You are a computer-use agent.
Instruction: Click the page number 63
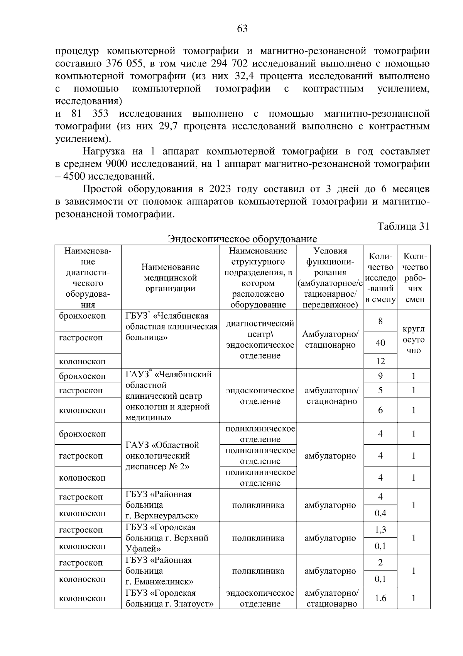pyautogui.click(x=242, y=29)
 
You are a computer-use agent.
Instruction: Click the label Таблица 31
pyautogui.click(x=403, y=226)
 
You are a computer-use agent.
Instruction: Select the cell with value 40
pyautogui.click(x=380, y=343)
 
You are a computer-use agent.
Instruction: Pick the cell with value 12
pyautogui.click(x=380, y=361)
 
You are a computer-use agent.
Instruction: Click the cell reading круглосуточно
pyautogui.click(x=413, y=340)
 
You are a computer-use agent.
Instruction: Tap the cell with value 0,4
pyautogui.click(x=380, y=513)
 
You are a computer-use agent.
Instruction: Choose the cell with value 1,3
pyautogui.click(x=380, y=530)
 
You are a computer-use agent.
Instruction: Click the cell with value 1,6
pyautogui.click(x=380, y=598)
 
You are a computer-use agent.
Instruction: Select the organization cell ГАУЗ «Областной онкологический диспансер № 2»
pyautogui.click(x=170, y=456)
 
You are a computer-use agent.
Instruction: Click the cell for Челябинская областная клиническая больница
pyautogui.click(x=170, y=327)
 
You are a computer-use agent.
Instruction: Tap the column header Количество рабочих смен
pyautogui.click(x=413, y=277)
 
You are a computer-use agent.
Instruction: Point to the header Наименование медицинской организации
pyautogui.click(x=170, y=277)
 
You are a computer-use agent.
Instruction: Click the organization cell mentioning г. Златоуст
pyautogui.click(x=170, y=598)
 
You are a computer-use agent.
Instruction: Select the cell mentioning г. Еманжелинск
pyautogui.click(x=170, y=571)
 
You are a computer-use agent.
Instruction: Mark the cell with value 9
pyautogui.click(x=380, y=376)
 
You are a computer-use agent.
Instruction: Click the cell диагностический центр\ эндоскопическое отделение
pyautogui.click(x=260, y=339)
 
